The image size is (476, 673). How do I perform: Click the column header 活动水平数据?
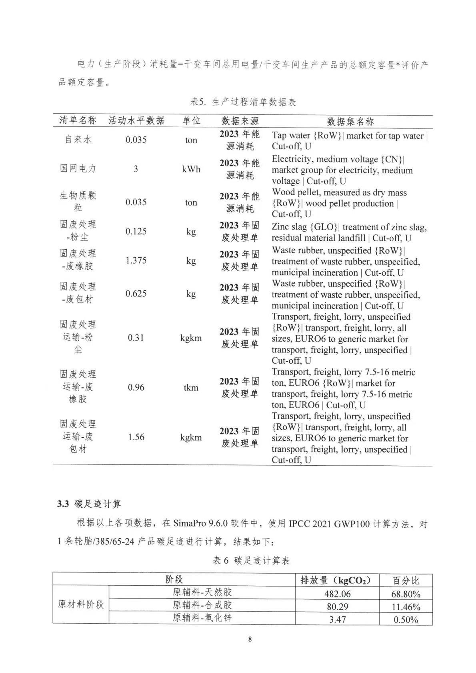point(136,120)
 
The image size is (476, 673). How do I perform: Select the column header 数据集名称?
point(350,121)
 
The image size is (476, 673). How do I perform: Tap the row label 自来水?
point(78,139)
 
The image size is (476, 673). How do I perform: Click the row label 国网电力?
point(78,168)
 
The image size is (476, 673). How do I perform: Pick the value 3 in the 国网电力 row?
point(136,169)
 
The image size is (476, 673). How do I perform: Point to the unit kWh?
point(191,169)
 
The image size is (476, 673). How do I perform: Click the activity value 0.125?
point(136,231)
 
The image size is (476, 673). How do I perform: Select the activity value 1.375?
point(136,260)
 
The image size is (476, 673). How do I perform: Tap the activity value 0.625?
point(136,294)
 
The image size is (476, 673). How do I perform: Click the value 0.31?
point(136,338)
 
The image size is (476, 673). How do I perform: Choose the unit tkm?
point(191,388)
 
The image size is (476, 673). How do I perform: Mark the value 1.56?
point(136,437)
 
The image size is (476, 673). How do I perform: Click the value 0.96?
point(136,387)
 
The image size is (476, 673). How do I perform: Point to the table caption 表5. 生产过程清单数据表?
point(243,102)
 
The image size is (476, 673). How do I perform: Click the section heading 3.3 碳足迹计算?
point(89,504)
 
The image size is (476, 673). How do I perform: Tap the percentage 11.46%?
point(406,607)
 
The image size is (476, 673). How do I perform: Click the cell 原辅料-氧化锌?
point(202,618)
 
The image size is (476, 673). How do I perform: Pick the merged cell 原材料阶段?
point(81,604)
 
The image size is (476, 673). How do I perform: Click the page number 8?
point(250,639)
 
